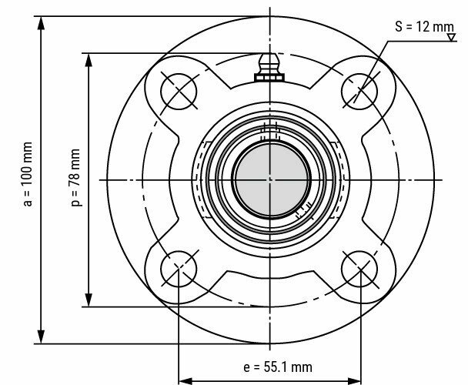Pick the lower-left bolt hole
pos(178,267)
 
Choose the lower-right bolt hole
pos(359,267)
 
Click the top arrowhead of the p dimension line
pos(89,56)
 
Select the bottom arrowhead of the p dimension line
pos(89,303)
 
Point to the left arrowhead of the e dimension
pos(183,378)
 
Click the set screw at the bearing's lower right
pos(302,208)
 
